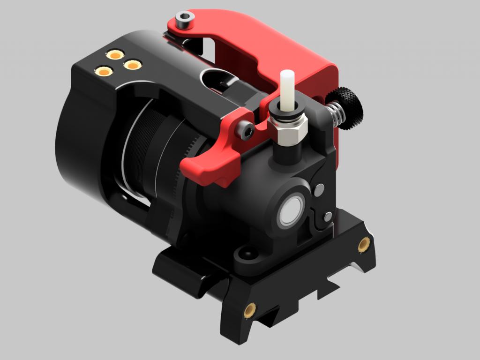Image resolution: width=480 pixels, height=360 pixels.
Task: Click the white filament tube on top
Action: (286, 89)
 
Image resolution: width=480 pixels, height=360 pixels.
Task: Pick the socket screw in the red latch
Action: (245, 130)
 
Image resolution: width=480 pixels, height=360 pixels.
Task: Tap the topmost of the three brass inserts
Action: (114, 54)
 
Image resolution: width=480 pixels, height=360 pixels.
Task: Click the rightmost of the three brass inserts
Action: (133, 65)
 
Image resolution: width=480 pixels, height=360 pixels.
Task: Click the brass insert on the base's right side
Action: (364, 244)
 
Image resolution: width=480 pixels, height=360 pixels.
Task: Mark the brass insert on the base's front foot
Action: (250, 309)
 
